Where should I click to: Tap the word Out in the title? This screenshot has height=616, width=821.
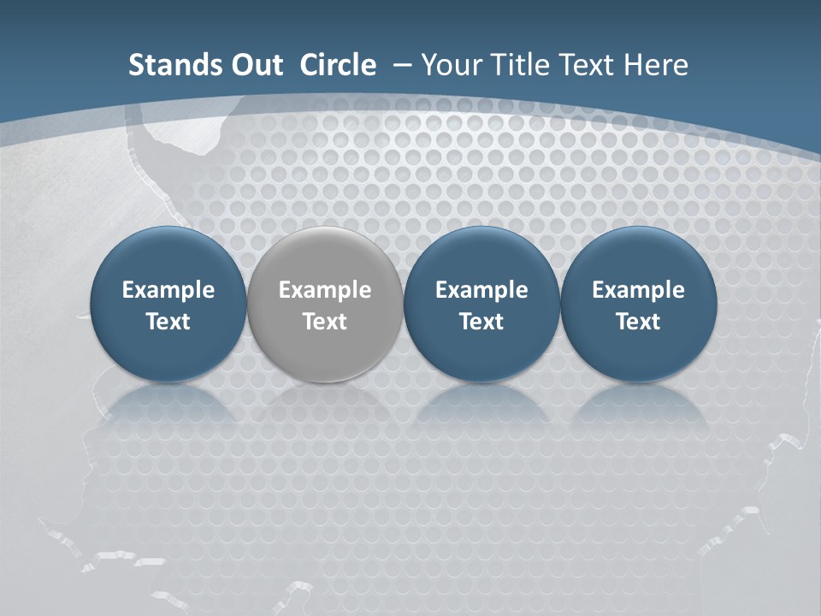tap(256, 65)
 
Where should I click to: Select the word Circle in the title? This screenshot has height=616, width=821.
tap(338, 65)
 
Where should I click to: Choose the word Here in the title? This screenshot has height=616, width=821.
tap(654, 65)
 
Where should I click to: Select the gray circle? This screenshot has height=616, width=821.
tap(325, 257)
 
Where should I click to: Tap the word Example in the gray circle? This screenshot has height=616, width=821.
tap(325, 291)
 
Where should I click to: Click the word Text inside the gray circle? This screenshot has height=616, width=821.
tap(325, 322)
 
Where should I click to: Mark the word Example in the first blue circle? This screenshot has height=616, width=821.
tap(168, 291)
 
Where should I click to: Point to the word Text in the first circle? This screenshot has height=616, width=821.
tap(168, 322)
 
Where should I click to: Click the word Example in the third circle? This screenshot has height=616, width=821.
tap(481, 291)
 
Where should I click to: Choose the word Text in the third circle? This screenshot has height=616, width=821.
tap(481, 322)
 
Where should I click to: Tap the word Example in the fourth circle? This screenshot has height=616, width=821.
tap(638, 291)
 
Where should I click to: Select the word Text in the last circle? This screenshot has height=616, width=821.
tap(638, 322)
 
